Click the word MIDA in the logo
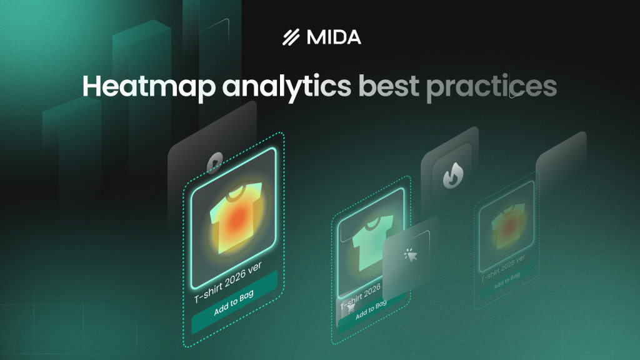point(334,37)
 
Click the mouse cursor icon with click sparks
point(411,254)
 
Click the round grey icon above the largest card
point(216,159)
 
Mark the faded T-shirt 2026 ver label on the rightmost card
point(506,269)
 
